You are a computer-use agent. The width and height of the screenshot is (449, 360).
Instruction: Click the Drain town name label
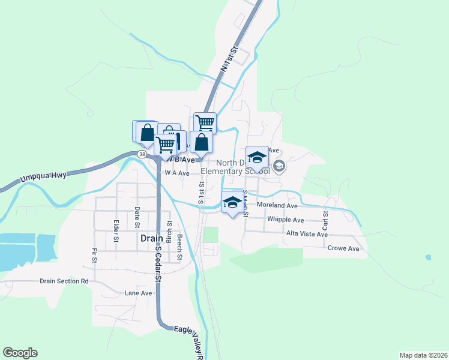point(152,238)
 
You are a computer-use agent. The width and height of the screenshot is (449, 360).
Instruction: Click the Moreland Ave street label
point(277,205)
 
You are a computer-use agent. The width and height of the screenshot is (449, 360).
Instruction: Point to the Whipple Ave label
point(286,220)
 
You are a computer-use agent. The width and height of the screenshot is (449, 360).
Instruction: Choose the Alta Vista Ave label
point(307,233)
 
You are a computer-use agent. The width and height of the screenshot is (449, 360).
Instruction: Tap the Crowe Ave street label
point(343,248)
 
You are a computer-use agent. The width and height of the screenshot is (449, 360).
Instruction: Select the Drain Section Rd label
point(64,281)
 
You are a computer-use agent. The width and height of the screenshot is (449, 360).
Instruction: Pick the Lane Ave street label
point(139,293)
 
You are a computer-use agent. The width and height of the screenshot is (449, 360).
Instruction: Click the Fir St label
point(94,256)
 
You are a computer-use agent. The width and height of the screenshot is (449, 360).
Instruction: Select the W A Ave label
point(177,173)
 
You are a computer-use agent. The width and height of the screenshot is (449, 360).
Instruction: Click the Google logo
point(20,353)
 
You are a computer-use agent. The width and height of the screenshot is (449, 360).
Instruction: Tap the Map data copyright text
point(423,355)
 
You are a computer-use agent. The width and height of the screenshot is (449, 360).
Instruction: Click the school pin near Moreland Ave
point(232,203)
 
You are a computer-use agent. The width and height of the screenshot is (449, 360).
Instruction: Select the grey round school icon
point(279,166)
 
